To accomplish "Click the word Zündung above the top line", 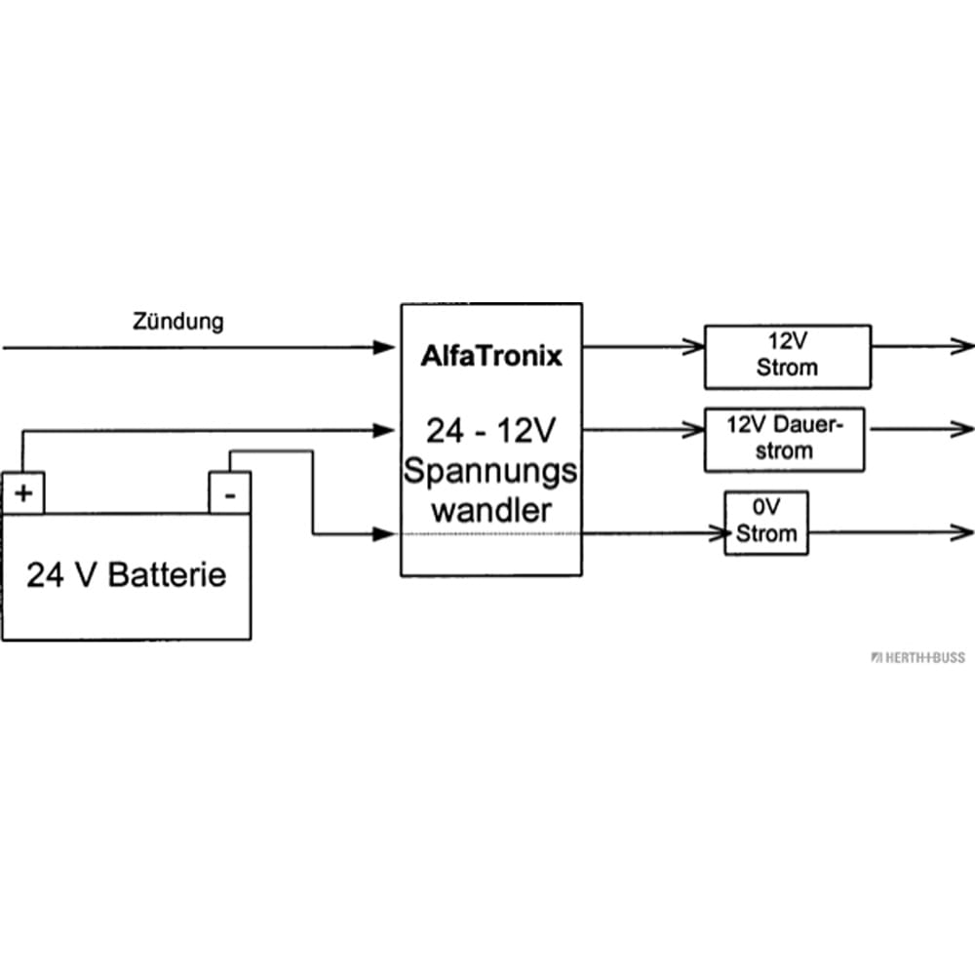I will click(x=177, y=321).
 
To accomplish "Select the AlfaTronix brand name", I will click(x=491, y=356).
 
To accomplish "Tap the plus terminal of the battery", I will click(x=23, y=493).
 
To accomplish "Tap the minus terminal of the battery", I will click(x=230, y=493).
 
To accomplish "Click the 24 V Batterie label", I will click(x=126, y=574).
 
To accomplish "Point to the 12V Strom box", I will click(x=787, y=357).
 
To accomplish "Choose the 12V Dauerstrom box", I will click(x=784, y=439).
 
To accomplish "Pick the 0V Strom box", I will click(x=765, y=524).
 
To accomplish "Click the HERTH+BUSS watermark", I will click(x=918, y=657).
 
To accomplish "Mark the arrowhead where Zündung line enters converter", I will click(x=387, y=346).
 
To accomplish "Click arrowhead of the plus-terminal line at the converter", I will click(x=387, y=428).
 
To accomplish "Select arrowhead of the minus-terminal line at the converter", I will click(x=387, y=533).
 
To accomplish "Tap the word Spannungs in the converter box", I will click(x=490, y=472).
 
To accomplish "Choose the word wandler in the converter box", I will click(x=490, y=510).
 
